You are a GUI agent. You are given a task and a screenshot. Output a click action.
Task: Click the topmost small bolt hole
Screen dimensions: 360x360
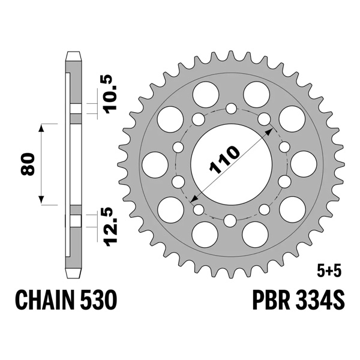click(x=232, y=109)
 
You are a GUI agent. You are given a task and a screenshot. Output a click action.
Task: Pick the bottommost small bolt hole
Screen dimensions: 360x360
click(x=232, y=220)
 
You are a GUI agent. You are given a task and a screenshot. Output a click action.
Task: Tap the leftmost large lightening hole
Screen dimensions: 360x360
click(x=154, y=164)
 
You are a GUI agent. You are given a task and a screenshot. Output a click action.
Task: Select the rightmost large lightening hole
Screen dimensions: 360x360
click(x=304, y=164)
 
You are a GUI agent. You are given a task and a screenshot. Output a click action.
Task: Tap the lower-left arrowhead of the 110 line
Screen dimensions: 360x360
click(x=194, y=199)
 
